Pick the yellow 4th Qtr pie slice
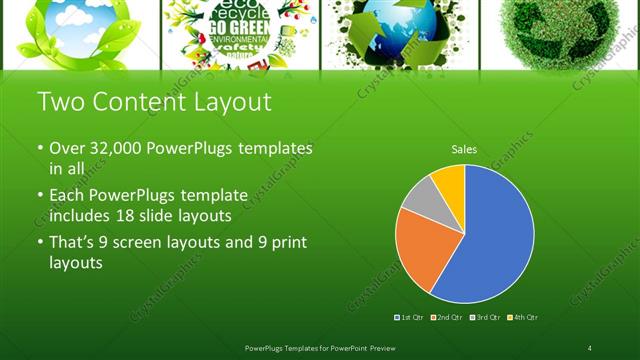click(450, 181)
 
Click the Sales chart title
click(464, 149)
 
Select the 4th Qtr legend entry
click(523, 317)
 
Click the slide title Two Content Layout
click(152, 102)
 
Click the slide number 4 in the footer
click(590, 347)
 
